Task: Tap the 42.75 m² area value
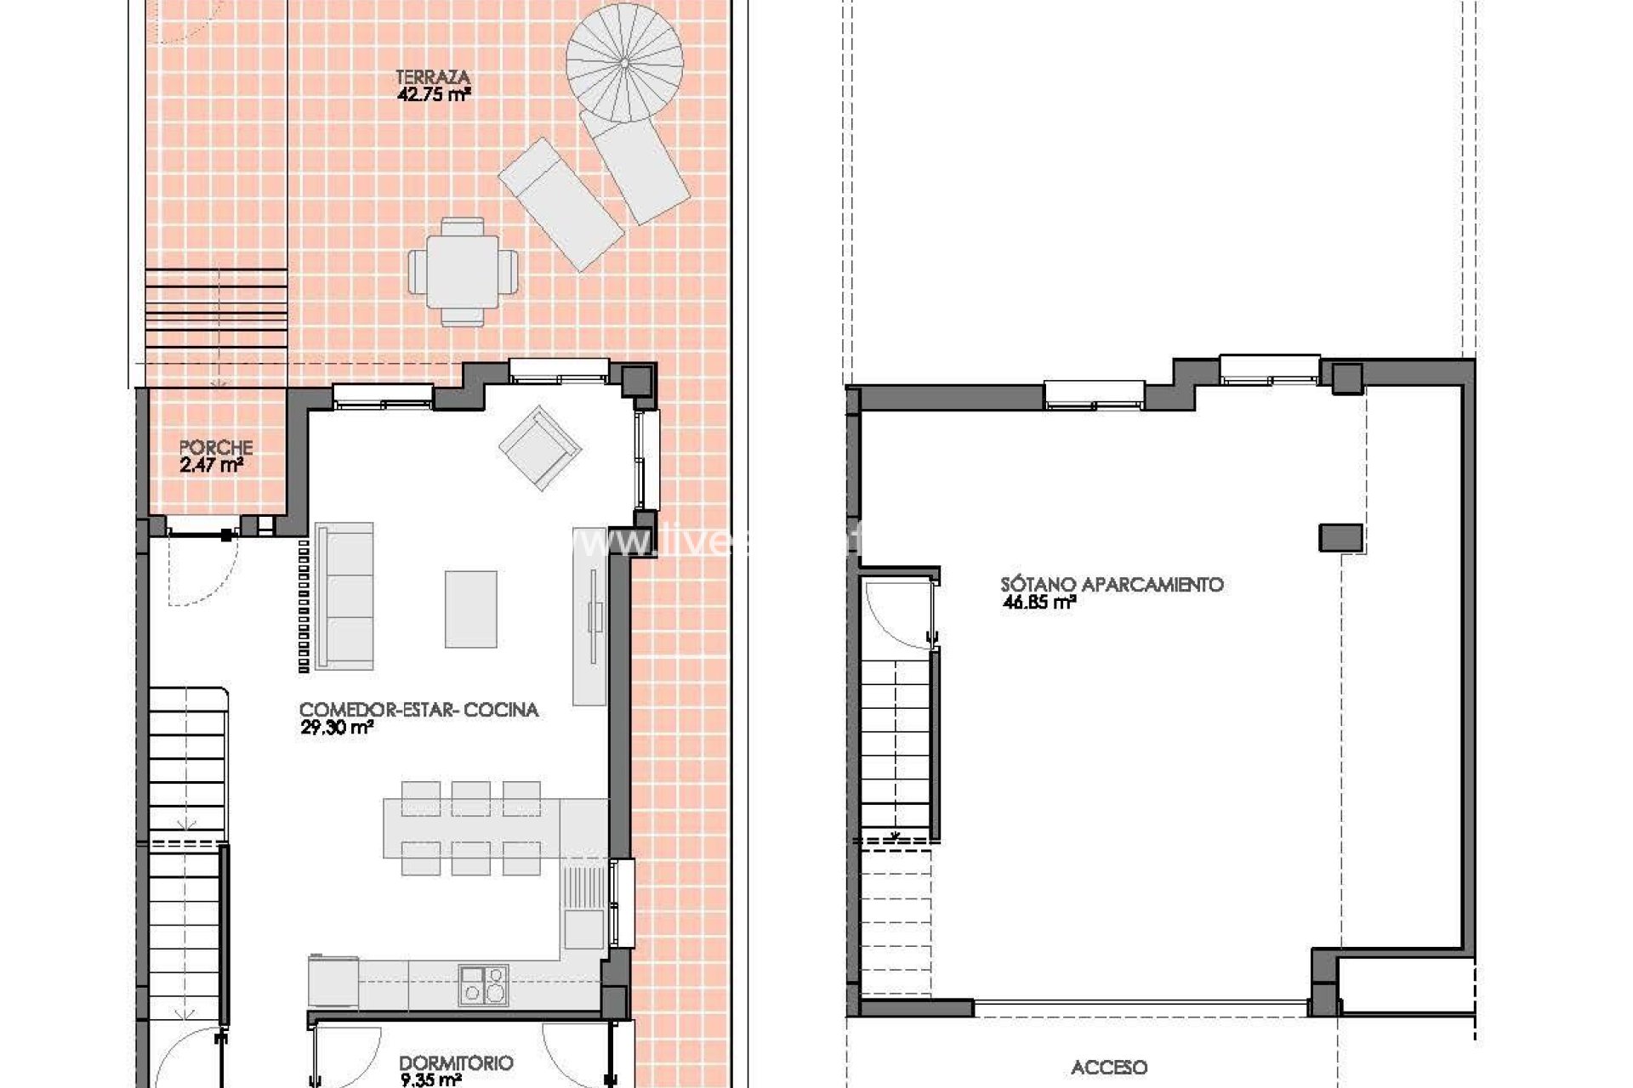pyautogui.click(x=433, y=95)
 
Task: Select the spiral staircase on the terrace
pyautogui.click(x=624, y=63)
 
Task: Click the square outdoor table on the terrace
pyautogui.click(x=462, y=271)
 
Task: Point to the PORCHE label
pyautogui.click(x=216, y=447)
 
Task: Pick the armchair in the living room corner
pyautogui.click(x=540, y=447)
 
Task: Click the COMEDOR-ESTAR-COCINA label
pyautogui.click(x=418, y=710)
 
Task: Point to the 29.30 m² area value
pyautogui.click(x=337, y=728)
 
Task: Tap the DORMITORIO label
pyautogui.click(x=455, y=1063)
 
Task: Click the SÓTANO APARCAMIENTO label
pyautogui.click(x=1111, y=585)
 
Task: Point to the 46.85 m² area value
pyautogui.click(x=1038, y=603)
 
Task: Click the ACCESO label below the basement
pyautogui.click(x=1108, y=1068)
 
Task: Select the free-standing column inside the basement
pyautogui.click(x=1340, y=537)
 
